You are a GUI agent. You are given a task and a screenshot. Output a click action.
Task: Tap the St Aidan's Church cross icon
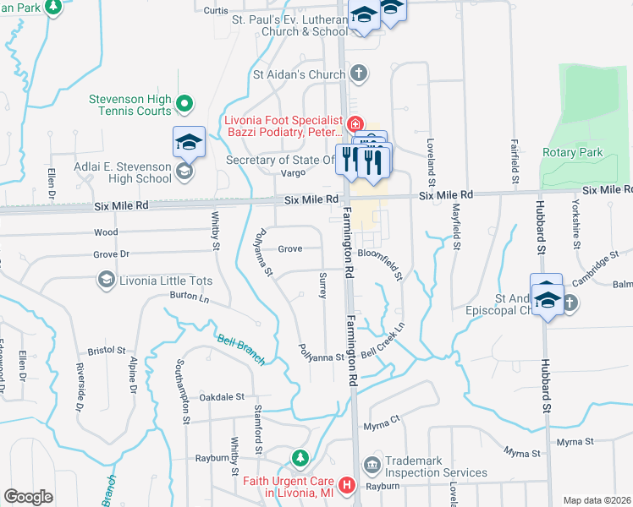click(359, 74)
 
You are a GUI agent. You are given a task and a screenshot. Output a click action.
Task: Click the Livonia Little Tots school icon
click(107, 279)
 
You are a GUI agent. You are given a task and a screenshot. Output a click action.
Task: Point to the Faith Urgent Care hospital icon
click(346, 486)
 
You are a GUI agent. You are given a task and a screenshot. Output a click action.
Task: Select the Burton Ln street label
click(189, 297)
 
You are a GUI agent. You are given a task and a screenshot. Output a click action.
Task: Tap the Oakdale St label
click(222, 396)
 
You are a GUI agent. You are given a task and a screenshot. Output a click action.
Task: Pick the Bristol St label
click(107, 350)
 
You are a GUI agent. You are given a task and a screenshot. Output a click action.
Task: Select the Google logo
click(28, 497)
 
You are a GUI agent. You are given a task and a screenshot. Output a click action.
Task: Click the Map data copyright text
click(597, 500)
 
